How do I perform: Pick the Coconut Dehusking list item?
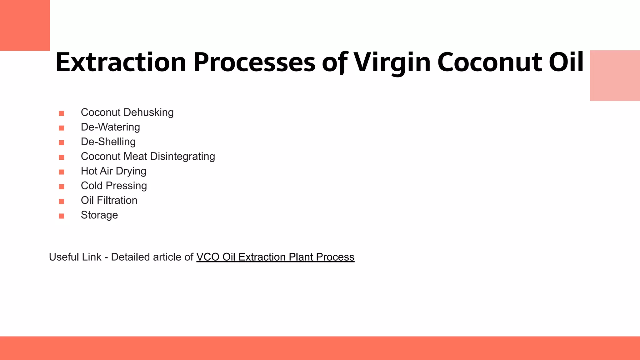(x=127, y=112)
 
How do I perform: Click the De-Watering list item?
(x=110, y=127)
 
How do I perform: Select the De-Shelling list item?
(x=108, y=142)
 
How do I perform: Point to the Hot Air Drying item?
(x=113, y=171)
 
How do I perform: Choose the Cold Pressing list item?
(x=114, y=186)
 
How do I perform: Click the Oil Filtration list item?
(x=109, y=201)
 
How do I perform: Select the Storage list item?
(x=99, y=215)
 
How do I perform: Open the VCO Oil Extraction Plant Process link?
(x=275, y=257)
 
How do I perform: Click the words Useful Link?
(x=75, y=257)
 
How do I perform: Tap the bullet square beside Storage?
(x=62, y=216)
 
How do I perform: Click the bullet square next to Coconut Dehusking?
(x=62, y=113)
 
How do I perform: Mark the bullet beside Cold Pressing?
(x=62, y=187)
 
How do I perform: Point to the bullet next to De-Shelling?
(x=62, y=142)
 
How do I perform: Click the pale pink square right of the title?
(x=615, y=76)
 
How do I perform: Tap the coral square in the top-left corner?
(x=25, y=25)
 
